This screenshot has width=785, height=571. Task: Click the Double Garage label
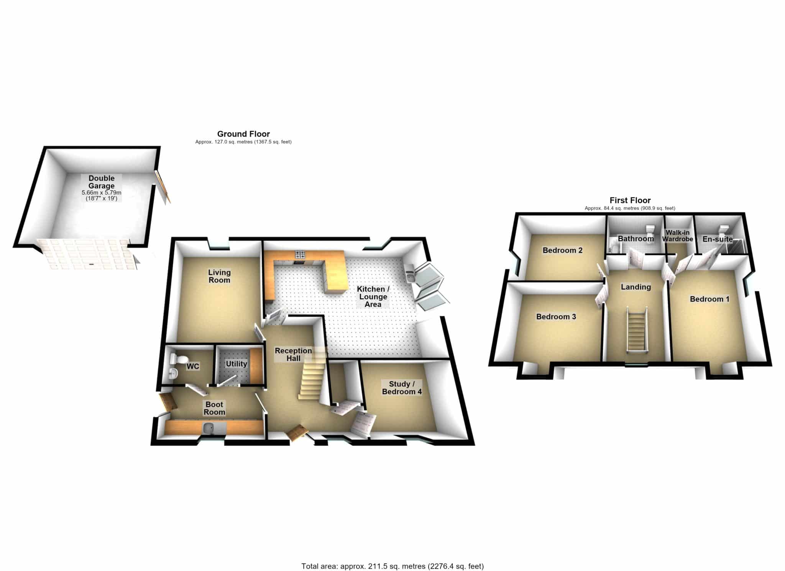pyautogui.click(x=102, y=182)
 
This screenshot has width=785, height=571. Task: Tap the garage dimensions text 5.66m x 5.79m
pyautogui.click(x=102, y=193)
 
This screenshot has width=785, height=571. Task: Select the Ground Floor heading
pyautogui.click(x=243, y=134)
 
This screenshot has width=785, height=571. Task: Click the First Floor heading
pyautogui.click(x=630, y=200)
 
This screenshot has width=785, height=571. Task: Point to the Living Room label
pyautogui.click(x=219, y=276)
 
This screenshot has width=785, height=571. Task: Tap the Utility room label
pyautogui.click(x=236, y=364)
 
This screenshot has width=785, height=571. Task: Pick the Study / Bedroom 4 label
pyautogui.click(x=402, y=388)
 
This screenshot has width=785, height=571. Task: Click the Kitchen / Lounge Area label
pyautogui.click(x=373, y=296)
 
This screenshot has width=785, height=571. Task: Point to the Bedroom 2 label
pyautogui.click(x=562, y=250)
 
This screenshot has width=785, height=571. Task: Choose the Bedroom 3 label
pyautogui.click(x=556, y=317)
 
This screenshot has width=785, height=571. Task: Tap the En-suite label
pyautogui.click(x=718, y=239)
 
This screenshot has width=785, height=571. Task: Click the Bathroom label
pyautogui.click(x=636, y=239)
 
